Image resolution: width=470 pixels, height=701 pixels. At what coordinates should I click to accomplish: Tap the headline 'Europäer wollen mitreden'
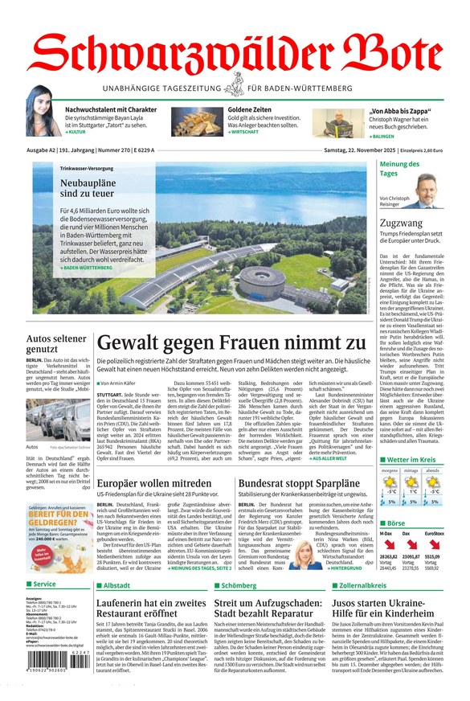[154, 483]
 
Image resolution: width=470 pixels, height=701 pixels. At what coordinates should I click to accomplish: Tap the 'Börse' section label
[398, 523]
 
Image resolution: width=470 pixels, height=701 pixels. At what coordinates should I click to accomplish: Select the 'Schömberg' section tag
[238, 585]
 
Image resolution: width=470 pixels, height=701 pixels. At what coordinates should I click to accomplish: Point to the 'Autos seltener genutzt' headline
[53, 343]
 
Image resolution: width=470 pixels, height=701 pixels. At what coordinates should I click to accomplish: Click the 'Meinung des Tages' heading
[398, 169]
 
